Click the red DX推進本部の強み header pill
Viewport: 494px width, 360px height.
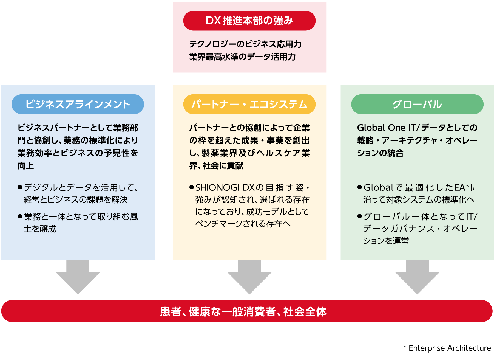point(249,21)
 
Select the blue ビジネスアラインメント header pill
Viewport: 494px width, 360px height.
point(78,104)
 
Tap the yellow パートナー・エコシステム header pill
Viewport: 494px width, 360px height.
point(249,104)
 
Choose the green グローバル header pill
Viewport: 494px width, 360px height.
point(417,104)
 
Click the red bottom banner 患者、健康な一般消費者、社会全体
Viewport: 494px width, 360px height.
point(247,311)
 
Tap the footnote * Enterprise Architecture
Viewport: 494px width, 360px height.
point(447,348)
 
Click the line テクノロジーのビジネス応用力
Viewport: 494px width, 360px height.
point(245,44)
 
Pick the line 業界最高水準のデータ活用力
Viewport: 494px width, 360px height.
point(242,57)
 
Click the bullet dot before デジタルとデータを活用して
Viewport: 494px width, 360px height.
point(20,187)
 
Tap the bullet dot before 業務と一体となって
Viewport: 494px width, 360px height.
point(20,216)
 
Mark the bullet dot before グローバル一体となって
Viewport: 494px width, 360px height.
point(360,216)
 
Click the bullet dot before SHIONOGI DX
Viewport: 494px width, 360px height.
point(192,187)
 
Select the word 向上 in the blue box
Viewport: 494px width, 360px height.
point(26,166)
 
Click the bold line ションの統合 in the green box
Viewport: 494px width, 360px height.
point(380,153)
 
